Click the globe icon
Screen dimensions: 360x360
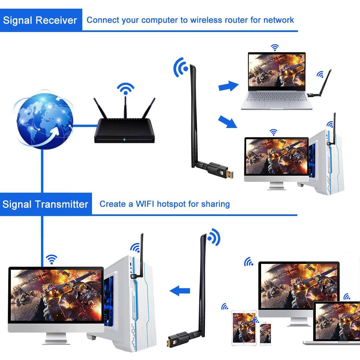[44, 120]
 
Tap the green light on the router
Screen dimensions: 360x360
[124, 140]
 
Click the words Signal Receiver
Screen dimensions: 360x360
[40, 20]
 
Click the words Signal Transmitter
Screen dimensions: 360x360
[45, 204]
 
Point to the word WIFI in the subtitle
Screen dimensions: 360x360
[145, 204]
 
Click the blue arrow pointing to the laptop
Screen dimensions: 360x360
[228, 87]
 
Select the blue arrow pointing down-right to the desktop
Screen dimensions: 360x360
[228, 122]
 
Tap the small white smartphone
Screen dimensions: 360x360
[265, 332]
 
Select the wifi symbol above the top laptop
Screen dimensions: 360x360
[275, 47]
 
